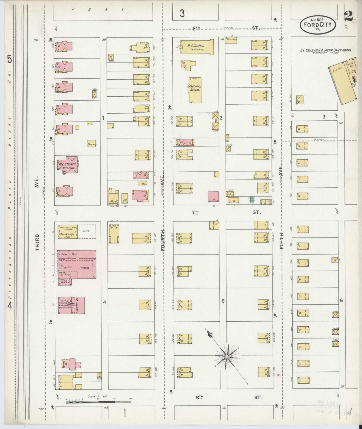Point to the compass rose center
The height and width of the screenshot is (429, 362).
coord(227,356)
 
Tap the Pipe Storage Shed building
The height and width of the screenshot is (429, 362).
coord(67,232)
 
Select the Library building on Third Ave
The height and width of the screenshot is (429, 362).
coord(71,305)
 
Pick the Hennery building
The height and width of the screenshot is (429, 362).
coord(92,143)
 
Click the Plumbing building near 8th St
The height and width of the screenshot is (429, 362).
coord(231,40)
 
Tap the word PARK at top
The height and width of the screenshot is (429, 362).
coord(98,10)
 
